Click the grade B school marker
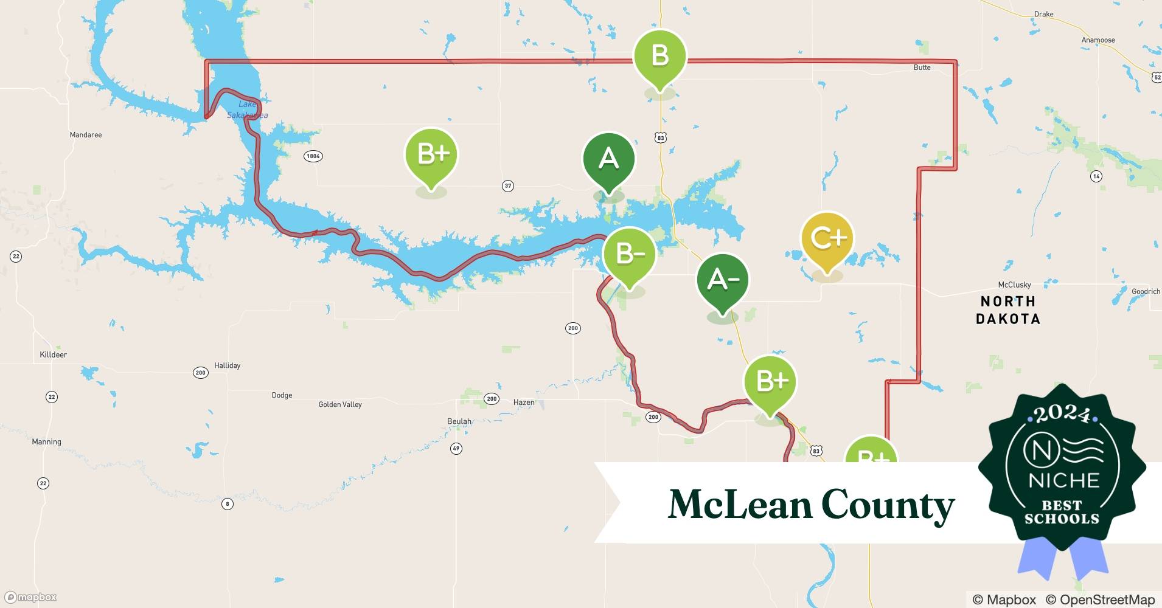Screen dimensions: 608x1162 point(660,57)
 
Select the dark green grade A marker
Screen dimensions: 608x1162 point(608,159)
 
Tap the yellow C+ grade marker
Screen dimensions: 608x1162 point(827,238)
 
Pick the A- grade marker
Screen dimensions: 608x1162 point(723,280)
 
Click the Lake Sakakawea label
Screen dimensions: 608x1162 point(247,109)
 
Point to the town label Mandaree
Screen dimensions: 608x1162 point(86,135)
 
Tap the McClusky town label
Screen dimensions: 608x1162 point(1014,285)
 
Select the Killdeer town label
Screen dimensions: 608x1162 point(53,354)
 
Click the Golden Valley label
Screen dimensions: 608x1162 point(340,404)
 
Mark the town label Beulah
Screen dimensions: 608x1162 point(459,421)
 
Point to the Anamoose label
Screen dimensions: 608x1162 point(1098,40)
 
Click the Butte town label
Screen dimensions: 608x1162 point(922,67)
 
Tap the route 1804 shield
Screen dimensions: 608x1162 point(313,156)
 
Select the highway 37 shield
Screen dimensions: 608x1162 point(508,186)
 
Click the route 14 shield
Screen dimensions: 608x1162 point(1096,176)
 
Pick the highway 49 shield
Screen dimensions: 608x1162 point(456,449)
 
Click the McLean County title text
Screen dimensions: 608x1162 point(811,505)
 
